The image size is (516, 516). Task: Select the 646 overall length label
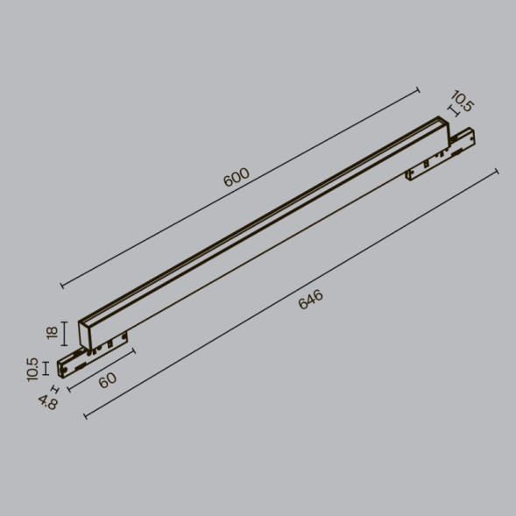(x=311, y=300)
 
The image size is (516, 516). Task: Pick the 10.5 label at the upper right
(x=463, y=101)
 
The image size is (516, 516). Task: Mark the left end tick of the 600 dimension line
(x=61, y=285)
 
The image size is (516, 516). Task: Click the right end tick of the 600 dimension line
(x=418, y=88)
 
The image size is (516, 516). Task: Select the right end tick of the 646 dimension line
(x=497, y=171)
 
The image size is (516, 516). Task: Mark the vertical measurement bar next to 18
(x=67, y=333)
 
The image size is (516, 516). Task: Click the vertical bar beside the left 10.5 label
(x=48, y=368)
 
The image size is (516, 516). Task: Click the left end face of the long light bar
(x=86, y=333)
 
